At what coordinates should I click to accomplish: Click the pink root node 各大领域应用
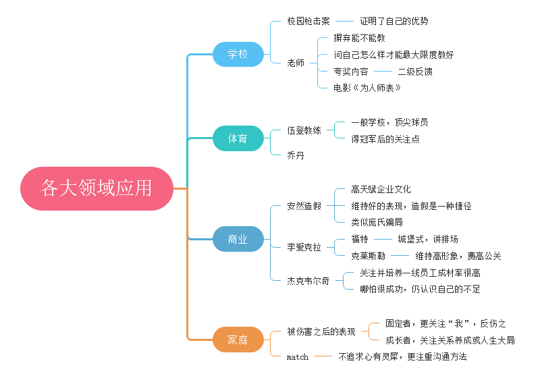pyautogui.click(x=97, y=188)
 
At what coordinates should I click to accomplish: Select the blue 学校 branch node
pyautogui.click(x=238, y=54)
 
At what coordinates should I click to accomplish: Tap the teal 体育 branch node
pyautogui.click(x=238, y=138)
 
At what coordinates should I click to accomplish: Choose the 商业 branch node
pyautogui.click(x=238, y=239)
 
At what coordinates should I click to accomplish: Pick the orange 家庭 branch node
pyautogui.click(x=238, y=340)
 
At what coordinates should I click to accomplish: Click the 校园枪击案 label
pyautogui.click(x=308, y=21)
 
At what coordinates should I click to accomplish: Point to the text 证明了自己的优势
pyautogui.click(x=394, y=21)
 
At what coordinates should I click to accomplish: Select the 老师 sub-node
pyautogui.click(x=296, y=63)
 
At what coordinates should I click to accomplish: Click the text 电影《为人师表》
pyautogui.click(x=368, y=88)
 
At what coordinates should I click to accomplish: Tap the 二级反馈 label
pyautogui.click(x=415, y=71)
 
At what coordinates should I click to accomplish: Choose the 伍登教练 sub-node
pyautogui.click(x=304, y=130)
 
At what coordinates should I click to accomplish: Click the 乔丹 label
pyautogui.click(x=296, y=155)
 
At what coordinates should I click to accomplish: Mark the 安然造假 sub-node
pyautogui.click(x=304, y=206)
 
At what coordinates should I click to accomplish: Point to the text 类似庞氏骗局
pyautogui.click(x=377, y=222)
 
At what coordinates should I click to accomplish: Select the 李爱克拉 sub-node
pyautogui.click(x=304, y=247)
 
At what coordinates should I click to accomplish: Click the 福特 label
pyautogui.click(x=360, y=239)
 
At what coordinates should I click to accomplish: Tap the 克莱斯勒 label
pyautogui.click(x=368, y=256)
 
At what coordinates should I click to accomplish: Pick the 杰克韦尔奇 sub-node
pyautogui.click(x=308, y=281)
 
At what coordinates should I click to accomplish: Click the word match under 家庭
pyautogui.click(x=297, y=356)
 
